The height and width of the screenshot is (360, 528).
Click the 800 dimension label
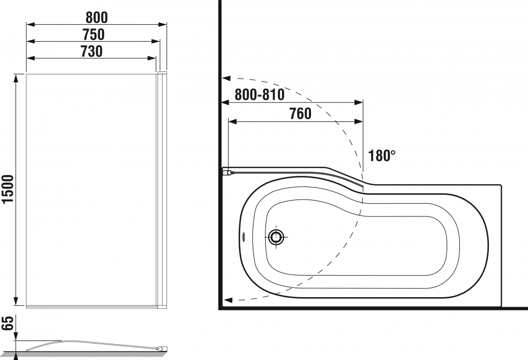click(97, 17)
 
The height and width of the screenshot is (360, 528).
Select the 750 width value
click(93, 34)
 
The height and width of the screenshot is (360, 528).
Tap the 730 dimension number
click(91, 51)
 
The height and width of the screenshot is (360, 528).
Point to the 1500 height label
click(7, 189)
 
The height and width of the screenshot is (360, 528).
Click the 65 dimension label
click(7, 323)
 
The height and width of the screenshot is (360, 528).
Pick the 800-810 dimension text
click(260, 94)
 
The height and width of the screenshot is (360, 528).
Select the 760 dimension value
click(300, 113)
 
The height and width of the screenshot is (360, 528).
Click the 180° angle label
click(382, 155)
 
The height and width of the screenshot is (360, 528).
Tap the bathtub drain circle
click(277, 236)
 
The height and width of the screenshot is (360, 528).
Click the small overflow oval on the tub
click(244, 236)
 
